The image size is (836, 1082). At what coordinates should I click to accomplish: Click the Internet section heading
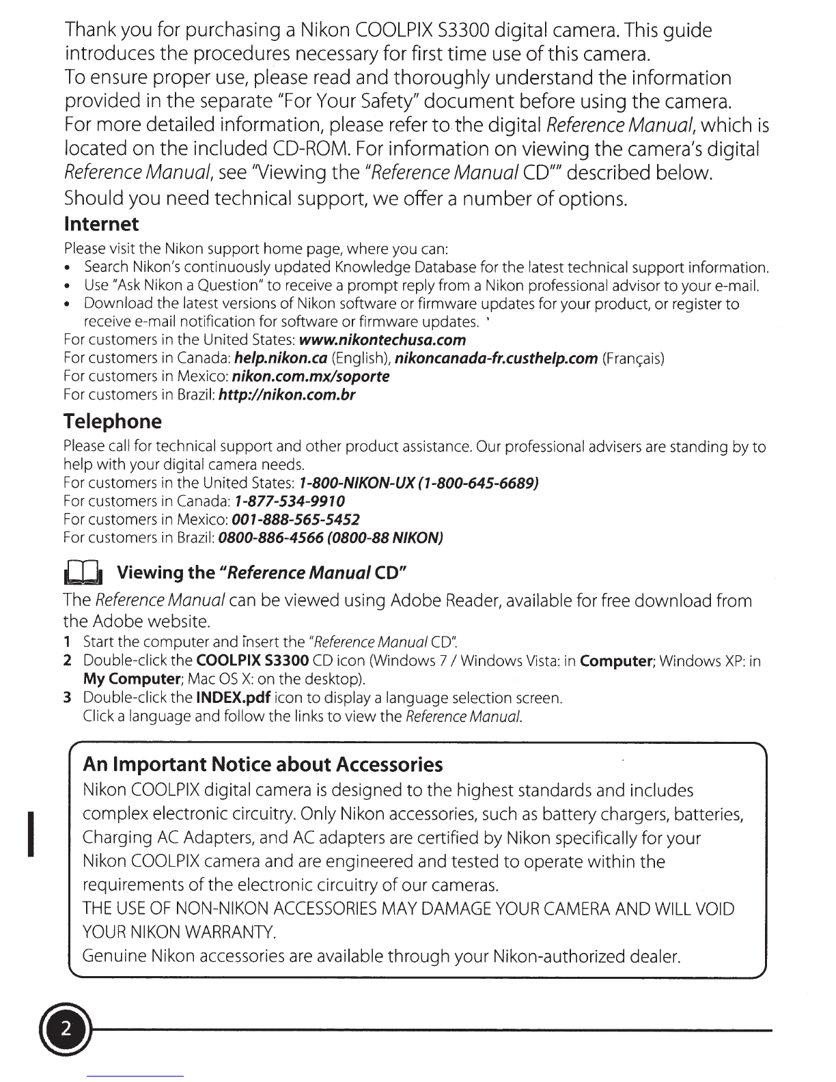tap(101, 224)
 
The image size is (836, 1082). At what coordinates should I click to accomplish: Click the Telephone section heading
tap(113, 421)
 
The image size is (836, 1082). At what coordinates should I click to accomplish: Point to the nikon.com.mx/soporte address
tap(311, 376)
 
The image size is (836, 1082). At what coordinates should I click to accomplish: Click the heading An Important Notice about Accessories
tap(262, 764)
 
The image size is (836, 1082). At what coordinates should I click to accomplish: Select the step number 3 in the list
tap(67, 699)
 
